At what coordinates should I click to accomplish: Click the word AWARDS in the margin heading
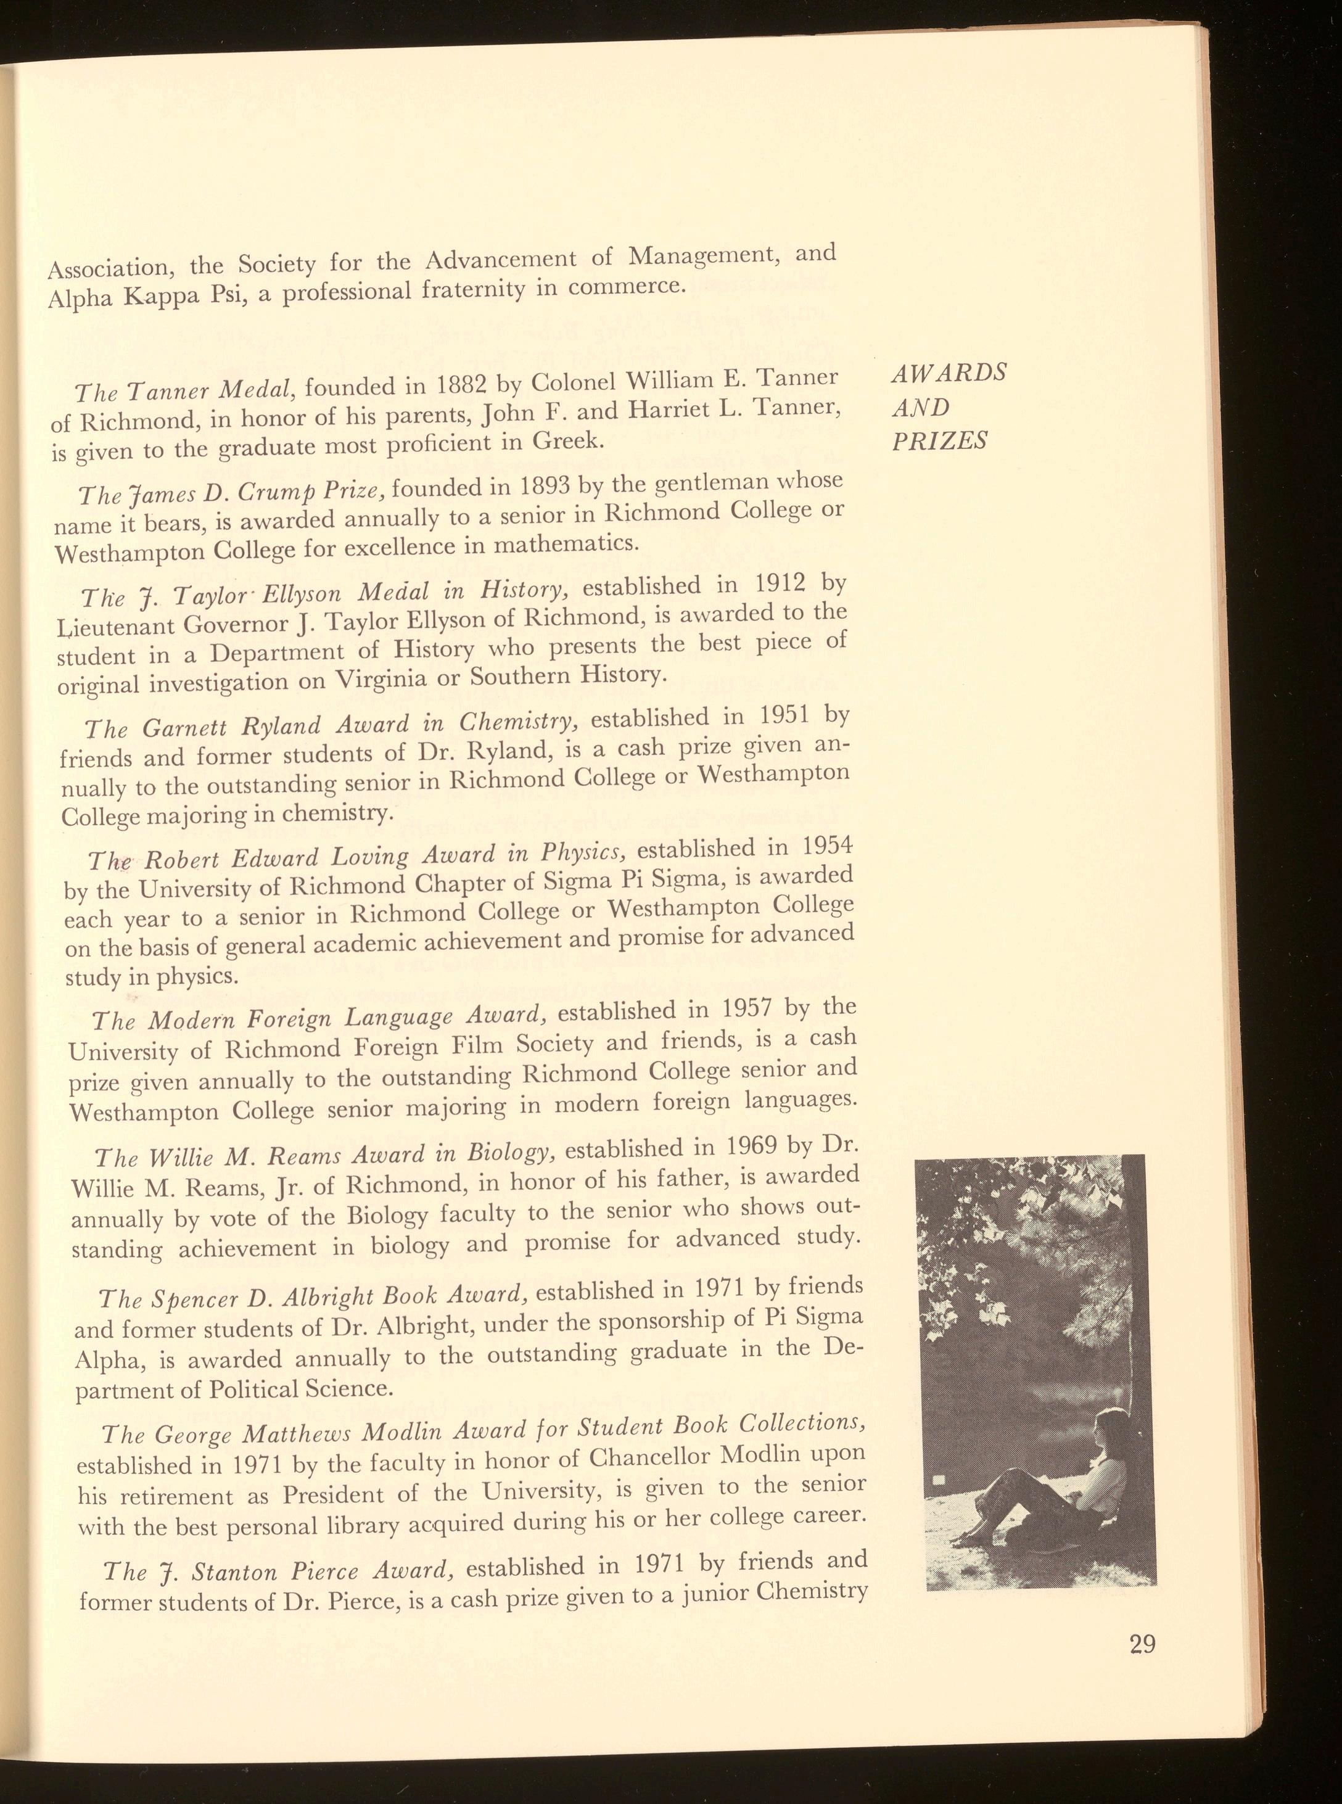click(x=949, y=373)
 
